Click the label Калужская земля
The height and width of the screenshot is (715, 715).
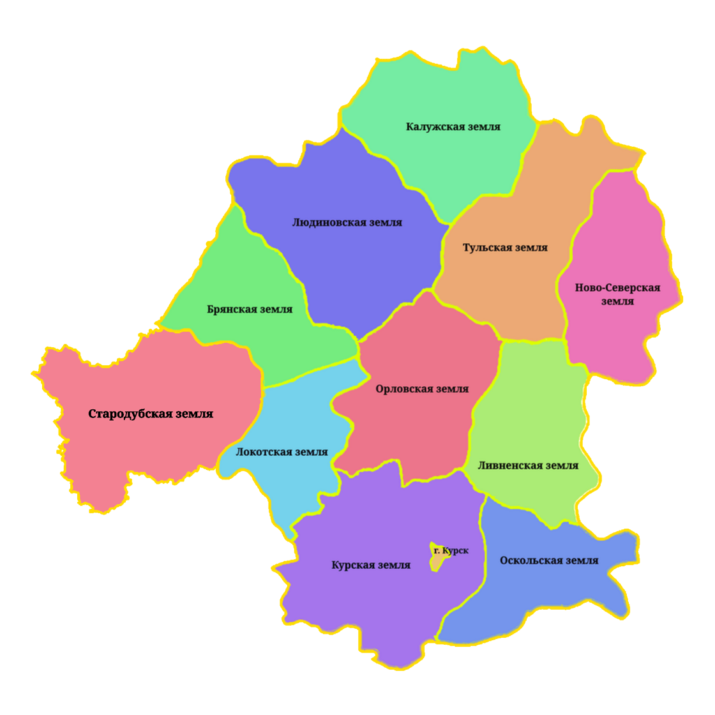click(453, 126)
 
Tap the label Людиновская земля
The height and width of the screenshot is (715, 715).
click(347, 223)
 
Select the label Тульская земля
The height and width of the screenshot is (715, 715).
click(506, 248)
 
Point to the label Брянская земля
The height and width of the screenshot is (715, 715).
click(250, 310)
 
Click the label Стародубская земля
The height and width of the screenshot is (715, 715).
click(151, 414)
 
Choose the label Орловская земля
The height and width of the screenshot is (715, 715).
click(422, 389)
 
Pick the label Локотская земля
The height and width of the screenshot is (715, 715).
click(282, 452)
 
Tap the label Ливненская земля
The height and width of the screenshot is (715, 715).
click(529, 465)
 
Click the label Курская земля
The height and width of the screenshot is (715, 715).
click(371, 566)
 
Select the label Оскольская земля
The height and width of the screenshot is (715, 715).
click(550, 561)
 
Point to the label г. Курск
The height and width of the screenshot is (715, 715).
click(451, 550)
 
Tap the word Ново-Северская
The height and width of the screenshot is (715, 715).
click(617, 288)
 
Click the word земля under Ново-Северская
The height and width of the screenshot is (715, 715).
click(618, 301)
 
